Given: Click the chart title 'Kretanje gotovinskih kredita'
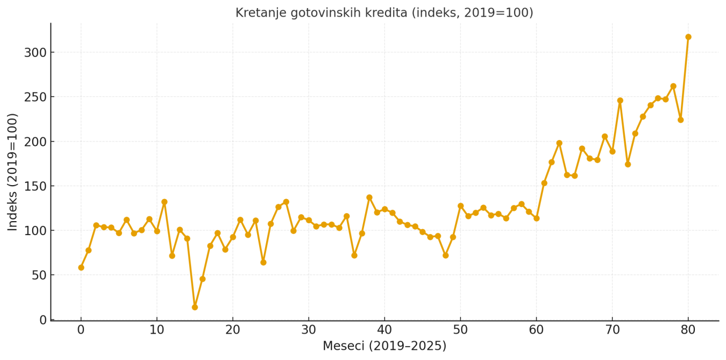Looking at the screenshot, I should pos(384,13).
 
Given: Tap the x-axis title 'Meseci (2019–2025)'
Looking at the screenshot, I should pos(384,347).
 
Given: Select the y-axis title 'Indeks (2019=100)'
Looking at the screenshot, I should pos(13,172).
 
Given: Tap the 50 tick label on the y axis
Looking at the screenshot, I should pos(39,276).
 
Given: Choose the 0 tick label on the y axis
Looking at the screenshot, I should pos(43,320).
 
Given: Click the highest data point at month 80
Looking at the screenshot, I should pos(688,37).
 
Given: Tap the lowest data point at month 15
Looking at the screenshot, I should pos(195,307).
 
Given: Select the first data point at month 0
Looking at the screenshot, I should pos(81,267).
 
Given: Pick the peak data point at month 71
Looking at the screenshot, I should pos(620,101).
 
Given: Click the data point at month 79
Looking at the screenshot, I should pos(680,120).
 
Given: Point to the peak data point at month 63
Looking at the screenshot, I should pos(559,143).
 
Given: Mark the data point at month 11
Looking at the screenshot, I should pos(165,202).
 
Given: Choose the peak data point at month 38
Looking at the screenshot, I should pos(369,197).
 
